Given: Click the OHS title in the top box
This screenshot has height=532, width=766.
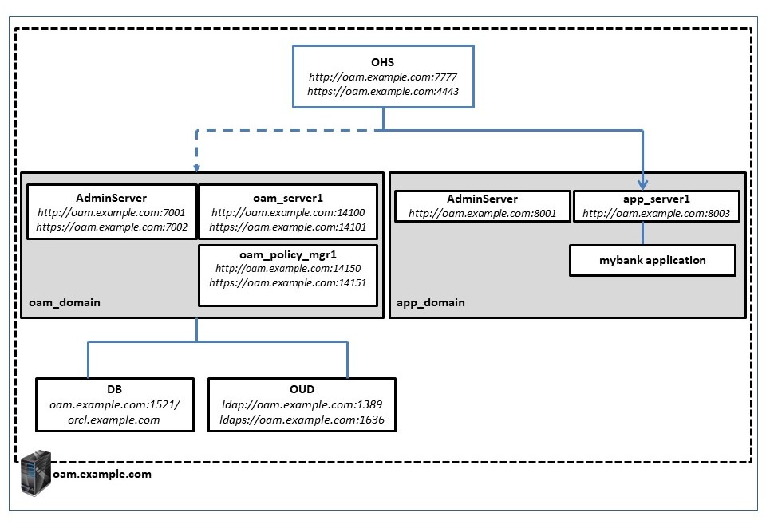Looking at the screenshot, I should (x=382, y=61).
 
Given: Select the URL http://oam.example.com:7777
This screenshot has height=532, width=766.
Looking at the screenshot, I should (x=382, y=77).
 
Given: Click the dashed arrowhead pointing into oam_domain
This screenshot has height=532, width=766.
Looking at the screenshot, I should (x=195, y=167).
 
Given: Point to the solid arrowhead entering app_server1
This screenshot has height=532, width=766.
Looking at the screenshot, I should (x=643, y=183).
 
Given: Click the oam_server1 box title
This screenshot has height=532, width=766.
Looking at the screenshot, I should (x=287, y=199).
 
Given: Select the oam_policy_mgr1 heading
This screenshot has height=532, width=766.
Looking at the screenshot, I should (x=287, y=255).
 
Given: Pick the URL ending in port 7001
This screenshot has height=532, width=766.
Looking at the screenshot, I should (x=111, y=214).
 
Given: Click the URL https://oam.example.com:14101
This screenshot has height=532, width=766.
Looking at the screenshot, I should (x=287, y=227).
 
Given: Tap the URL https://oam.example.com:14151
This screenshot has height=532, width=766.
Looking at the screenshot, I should (x=287, y=284).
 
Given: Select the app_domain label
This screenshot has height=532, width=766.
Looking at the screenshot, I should (x=431, y=302).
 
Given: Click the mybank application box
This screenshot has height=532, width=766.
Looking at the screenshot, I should (x=652, y=261).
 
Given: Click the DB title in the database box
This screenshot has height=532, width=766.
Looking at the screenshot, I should (x=115, y=390).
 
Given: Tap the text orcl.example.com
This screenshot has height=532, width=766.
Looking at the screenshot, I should (x=115, y=419).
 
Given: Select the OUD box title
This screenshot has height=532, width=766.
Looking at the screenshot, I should (x=302, y=390).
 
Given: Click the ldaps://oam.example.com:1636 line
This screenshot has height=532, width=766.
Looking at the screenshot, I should (x=302, y=419).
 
